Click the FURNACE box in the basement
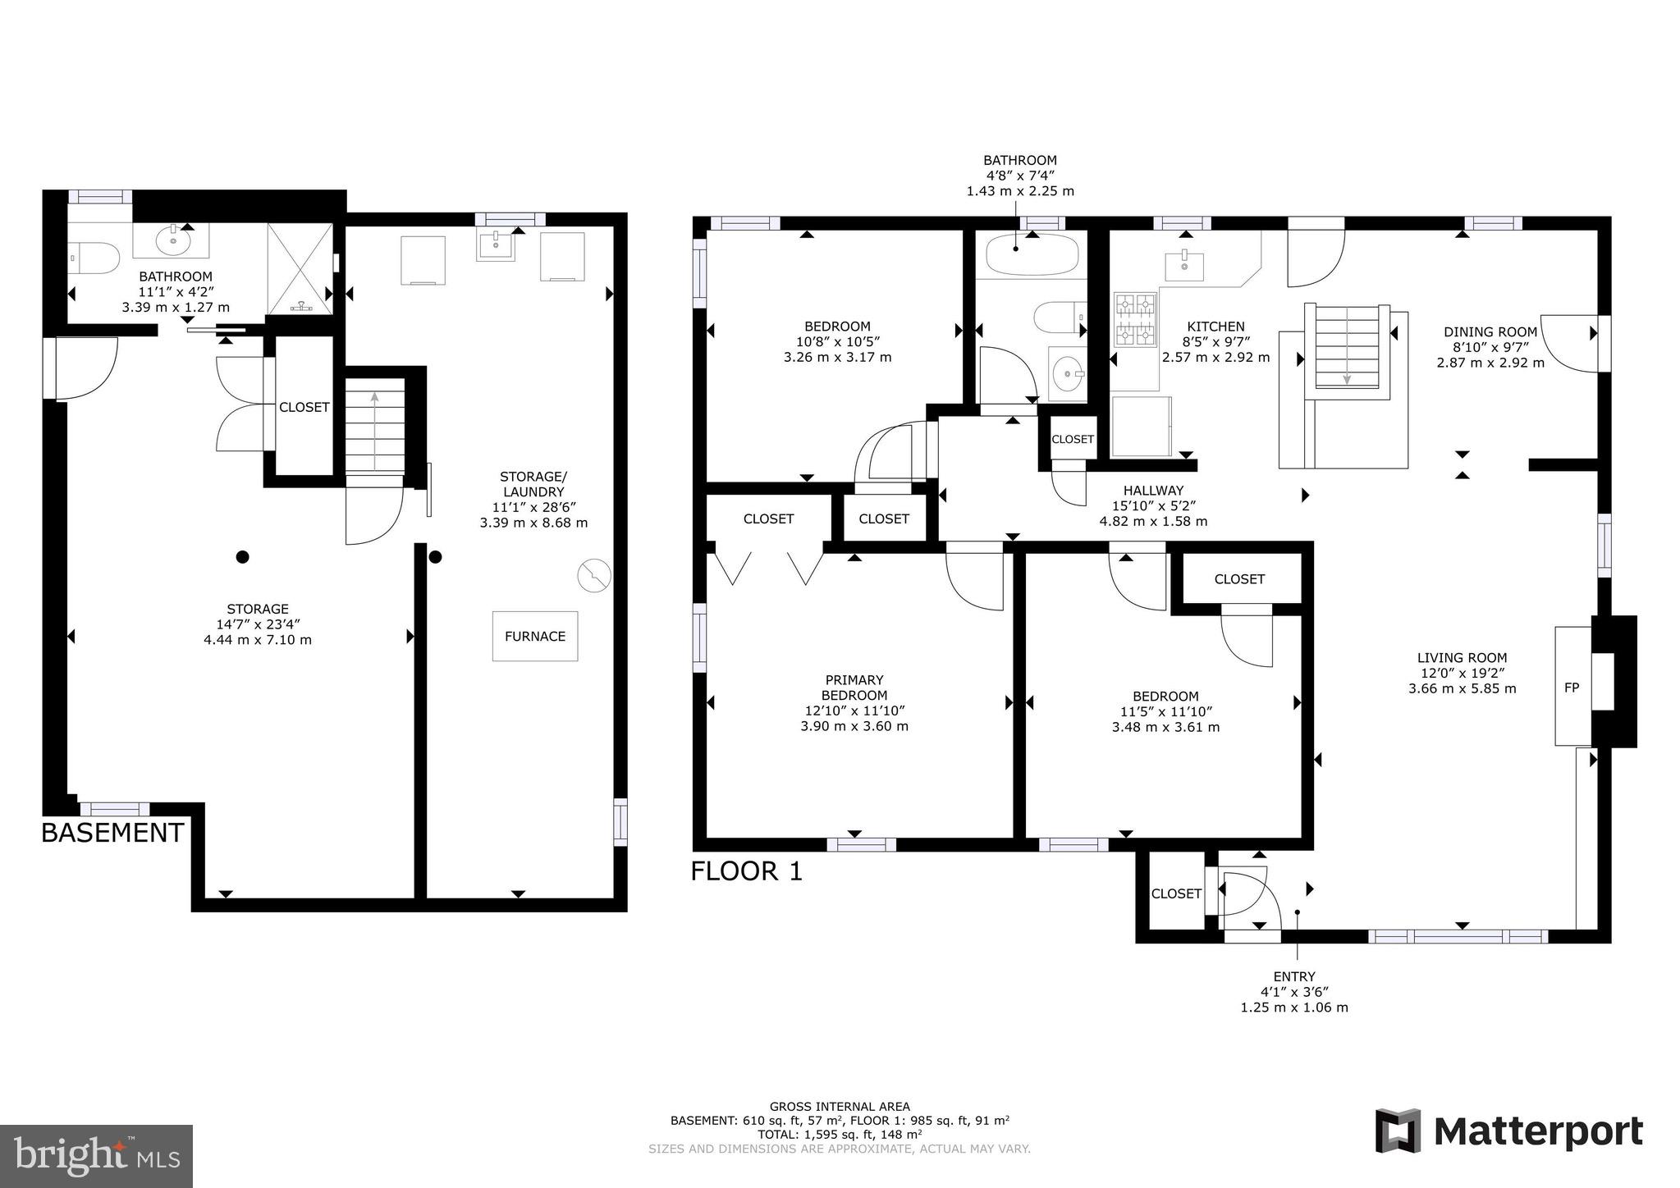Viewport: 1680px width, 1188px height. tap(534, 636)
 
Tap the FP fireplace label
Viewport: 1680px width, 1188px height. tap(1571, 688)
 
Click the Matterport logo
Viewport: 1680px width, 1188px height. tap(1508, 1132)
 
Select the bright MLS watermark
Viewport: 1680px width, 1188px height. tap(96, 1156)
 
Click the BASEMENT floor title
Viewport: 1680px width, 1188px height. tap(112, 833)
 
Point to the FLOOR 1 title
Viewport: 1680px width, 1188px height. tap(746, 871)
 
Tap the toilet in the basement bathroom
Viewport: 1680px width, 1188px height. tap(85, 257)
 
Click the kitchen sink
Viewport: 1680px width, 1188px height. tap(1183, 265)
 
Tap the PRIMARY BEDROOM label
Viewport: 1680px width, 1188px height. tap(854, 688)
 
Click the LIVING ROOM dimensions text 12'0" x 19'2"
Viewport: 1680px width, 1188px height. tap(1462, 673)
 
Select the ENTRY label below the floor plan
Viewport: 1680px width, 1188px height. tap(1293, 976)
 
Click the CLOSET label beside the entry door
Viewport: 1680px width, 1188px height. tap(1175, 893)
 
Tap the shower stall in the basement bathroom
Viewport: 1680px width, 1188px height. tap(300, 268)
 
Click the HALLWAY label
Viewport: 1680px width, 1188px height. tap(1153, 491)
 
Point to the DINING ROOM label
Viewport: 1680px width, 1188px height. tap(1490, 332)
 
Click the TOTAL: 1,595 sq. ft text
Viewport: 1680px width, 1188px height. tap(839, 1135)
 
